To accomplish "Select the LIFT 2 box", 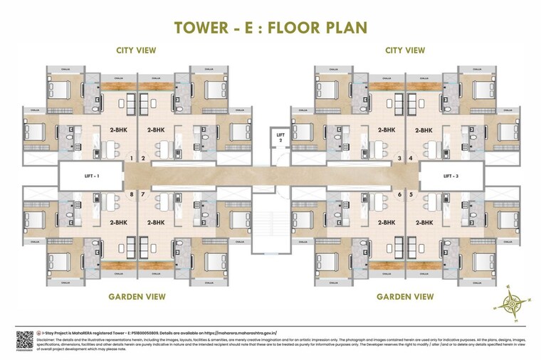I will (280, 137).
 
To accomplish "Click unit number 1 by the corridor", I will (132, 159).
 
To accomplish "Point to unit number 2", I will (143, 159).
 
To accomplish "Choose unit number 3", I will (400, 159).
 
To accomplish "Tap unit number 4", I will (411, 159).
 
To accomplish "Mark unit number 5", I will (411, 194).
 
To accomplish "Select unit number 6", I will (400, 194).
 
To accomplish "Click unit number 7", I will (143, 194).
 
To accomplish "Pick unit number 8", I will (132, 194).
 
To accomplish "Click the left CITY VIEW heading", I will (136, 51).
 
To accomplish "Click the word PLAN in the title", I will (340, 28).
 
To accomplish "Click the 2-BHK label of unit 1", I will (118, 130).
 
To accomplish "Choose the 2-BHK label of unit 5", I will (424, 222).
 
